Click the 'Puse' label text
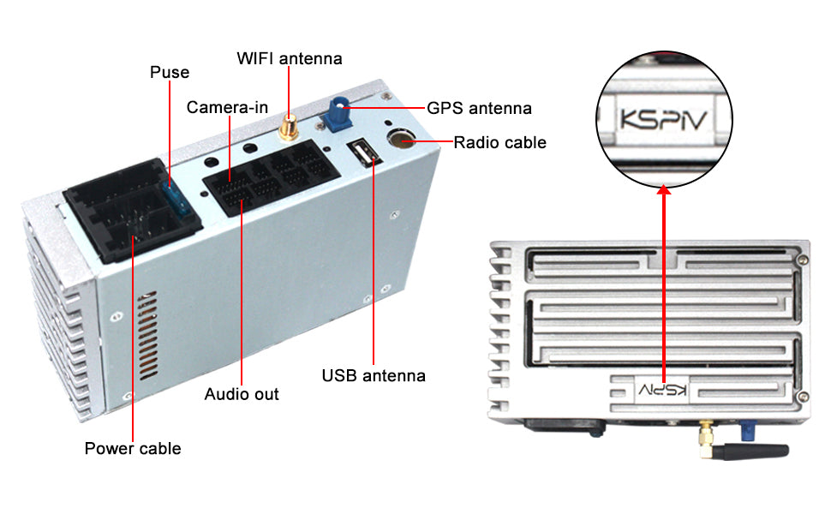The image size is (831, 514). tap(169, 72)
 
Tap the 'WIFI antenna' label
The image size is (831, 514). tap(290, 58)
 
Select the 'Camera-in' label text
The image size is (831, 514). tap(227, 108)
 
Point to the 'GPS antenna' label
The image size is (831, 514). tap(479, 108)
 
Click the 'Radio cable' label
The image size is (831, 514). tap(499, 142)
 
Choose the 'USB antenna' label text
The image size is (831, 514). tap(374, 376)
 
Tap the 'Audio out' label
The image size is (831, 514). tap(242, 394)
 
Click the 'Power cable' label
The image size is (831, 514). tap(133, 448)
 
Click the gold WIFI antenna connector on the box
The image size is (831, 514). tap(289, 128)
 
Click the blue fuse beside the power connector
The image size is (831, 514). tap(177, 196)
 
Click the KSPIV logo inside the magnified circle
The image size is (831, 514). tap(664, 119)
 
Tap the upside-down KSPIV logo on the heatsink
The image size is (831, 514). tap(662, 391)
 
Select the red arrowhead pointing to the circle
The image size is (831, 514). tap(664, 188)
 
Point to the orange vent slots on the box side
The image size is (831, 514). tap(148, 335)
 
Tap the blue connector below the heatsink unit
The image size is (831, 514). tap(747, 430)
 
